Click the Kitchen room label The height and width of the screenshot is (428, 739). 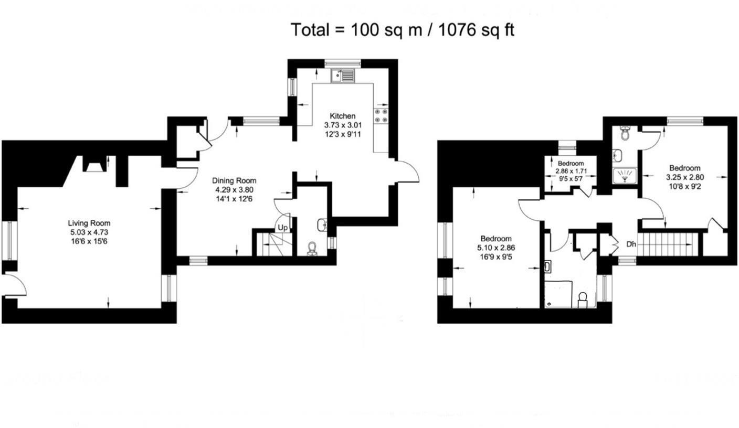[x=342, y=116]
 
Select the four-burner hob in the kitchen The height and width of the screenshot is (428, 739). [x=381, y=116]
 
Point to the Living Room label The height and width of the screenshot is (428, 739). [x=89, y=223]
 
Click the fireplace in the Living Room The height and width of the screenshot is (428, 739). [x=94, y=165]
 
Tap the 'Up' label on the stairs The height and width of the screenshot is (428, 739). [x=282, y=228]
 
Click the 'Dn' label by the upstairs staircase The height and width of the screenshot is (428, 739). [x=631, y=244]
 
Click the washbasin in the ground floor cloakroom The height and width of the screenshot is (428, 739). [x=323, y=225]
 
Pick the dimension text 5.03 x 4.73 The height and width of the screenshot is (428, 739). [x=89, y=232]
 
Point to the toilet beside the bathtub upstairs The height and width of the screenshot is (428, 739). [x=582, y=300]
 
